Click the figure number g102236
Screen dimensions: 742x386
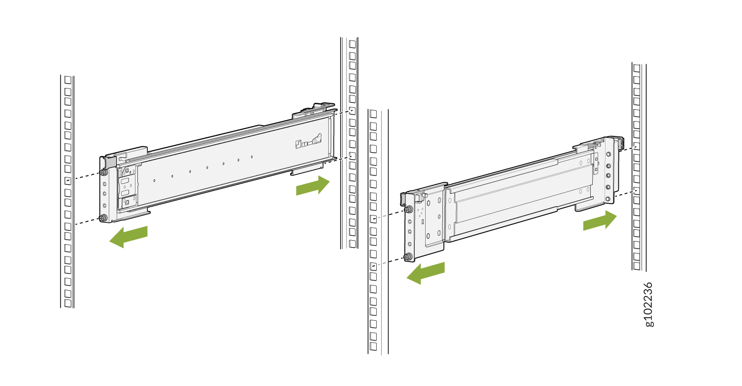[x=649, y=304]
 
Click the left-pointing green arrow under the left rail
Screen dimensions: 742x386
[x=128, y=237]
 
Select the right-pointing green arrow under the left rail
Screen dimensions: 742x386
[x=313, y=186]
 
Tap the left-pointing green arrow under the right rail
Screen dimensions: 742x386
[x=426, y=273]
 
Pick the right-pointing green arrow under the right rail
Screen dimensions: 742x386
[x=600, y=220]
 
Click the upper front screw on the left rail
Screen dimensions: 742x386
[x=104, y=172]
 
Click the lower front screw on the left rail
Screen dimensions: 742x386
[x=103, y=218]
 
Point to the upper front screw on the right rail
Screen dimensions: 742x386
[x=408, y=209]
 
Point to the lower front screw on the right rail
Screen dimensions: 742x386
[x=408, y=257]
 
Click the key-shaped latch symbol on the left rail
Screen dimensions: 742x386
[x=308, y=140]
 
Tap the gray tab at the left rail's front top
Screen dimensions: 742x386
[x=111, y=161]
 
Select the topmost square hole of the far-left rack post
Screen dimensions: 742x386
[x=68, y=80]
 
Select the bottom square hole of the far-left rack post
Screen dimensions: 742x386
[x=68, y=303]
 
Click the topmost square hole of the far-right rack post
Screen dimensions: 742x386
[x=636, y=68]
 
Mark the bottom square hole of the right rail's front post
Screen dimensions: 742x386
[x=373, y=346]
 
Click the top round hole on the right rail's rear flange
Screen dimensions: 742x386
[x=609, y=154]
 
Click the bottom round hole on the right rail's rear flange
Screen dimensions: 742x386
[x=608, y=199]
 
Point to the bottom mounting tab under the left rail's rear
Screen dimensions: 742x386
[x=306, y=169]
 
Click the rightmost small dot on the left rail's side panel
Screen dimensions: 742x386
[x=252, y=157]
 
